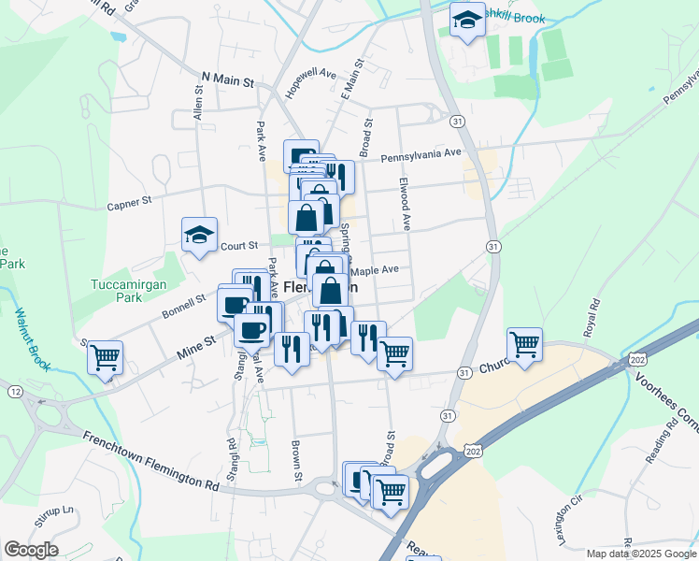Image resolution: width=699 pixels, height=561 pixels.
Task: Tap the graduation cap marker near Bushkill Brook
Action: tap(466, 21)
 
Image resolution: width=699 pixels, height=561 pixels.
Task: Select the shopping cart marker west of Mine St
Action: tap(106, 355)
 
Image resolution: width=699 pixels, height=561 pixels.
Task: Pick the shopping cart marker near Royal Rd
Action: tap(525, 343)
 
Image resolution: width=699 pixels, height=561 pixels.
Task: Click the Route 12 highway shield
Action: tap(16, 390)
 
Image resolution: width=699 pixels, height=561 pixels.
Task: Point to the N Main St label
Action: tap(228, 81)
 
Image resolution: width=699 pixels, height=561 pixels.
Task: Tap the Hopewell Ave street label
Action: tap(310, 82)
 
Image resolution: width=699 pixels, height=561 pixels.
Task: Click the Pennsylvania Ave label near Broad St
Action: tap(421, 153)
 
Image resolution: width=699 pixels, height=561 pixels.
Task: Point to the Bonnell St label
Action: tap(182, 303)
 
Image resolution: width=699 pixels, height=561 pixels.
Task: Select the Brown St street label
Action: tap(296, 460)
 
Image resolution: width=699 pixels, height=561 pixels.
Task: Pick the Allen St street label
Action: tap(198, 101)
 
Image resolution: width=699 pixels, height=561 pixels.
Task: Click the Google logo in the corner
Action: tap(31, 550)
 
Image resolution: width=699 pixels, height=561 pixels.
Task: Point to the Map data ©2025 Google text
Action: tap(641, 554)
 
